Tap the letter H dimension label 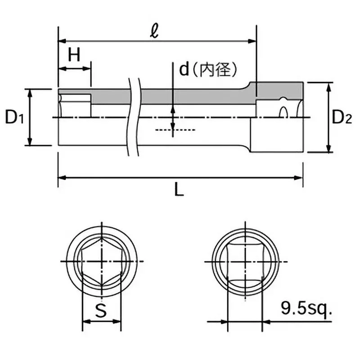tap(74, 55)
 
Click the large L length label tap(179, 191)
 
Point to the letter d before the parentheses tap(184, 69)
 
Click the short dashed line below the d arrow tap(175, 130)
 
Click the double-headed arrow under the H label tap(75, 69)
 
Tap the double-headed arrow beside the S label tap(102, 321)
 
